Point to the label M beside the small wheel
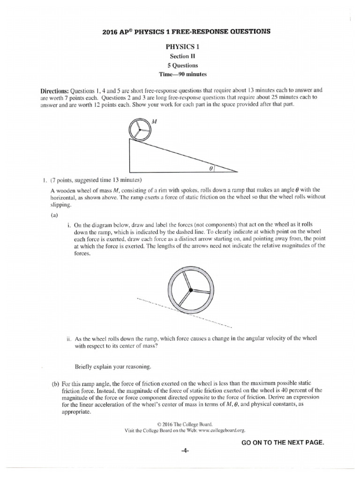tap(155, 121)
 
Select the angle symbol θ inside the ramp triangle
tap(212, 167)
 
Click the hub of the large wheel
tap(191, 291)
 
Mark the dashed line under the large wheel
tap(216, 320)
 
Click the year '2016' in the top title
tap(111, 31)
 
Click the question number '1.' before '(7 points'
tap(43, 180)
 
